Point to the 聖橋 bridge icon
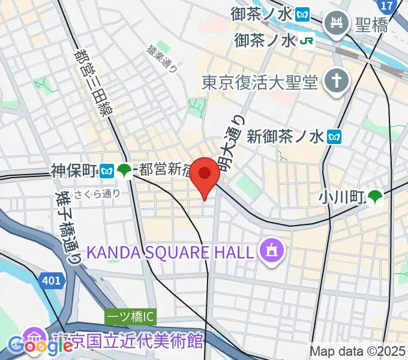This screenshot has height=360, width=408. point(334,25)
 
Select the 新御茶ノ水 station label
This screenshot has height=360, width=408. point(285,137)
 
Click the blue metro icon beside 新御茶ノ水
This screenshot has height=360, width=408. point(335,137)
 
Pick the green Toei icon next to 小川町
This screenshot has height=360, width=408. point(376,196)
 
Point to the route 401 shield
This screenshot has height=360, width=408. point(52,279)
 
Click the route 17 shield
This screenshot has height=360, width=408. point(388,5)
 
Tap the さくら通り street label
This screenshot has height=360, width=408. point(98,193)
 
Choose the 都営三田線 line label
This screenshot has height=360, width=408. point(95,82)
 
